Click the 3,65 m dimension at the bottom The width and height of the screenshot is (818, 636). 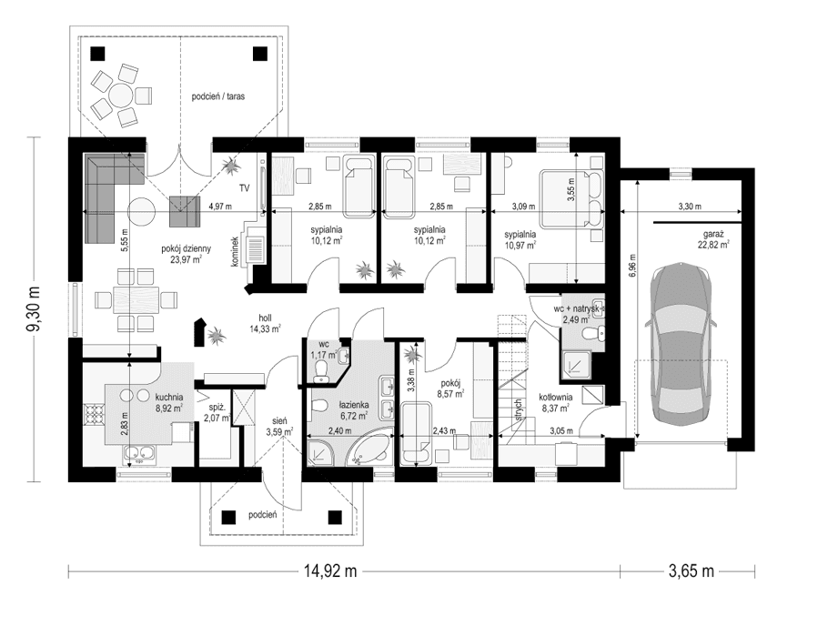[x=691, y=571]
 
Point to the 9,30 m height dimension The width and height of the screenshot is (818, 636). [x=35, y=309]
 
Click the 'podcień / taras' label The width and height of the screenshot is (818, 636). [x=218, y=95]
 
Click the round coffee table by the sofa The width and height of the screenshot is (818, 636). [x=141, y=212]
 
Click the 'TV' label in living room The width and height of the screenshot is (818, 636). [x=244, y=187]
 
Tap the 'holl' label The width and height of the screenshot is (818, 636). [x=266, y=319]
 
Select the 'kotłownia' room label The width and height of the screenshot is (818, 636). [x=555, y=397]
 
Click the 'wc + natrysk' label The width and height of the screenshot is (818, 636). [x=579, y=309]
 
